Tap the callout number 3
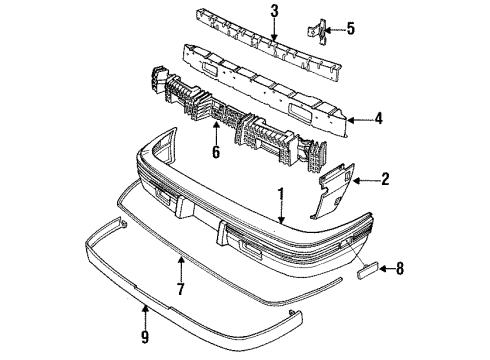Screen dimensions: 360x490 245,11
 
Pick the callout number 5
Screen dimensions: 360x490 349,28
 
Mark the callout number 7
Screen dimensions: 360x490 181,290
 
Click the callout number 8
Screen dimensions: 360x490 399,267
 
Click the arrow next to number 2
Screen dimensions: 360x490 368,181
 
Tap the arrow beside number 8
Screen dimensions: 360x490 384,267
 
